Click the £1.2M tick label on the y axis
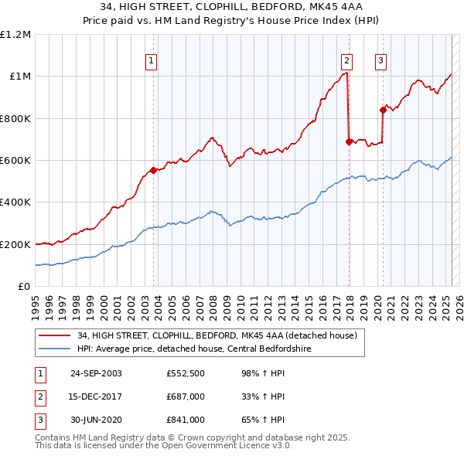pyautogui.click(x=15, y=34)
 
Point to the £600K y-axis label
pyautogui.click(x=15, y=160)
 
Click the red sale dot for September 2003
pyautogui.click(x=154, y=170)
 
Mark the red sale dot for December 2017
pyautogui.click(x=349, y=141)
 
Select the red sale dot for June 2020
pyautogui.click(x=383, y=110)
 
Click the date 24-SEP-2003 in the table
pyautogui.click(x=96, y=373)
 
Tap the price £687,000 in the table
pyautogui.click(x=185, y=396)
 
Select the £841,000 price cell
pyautogui.click(x=185, y=420)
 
